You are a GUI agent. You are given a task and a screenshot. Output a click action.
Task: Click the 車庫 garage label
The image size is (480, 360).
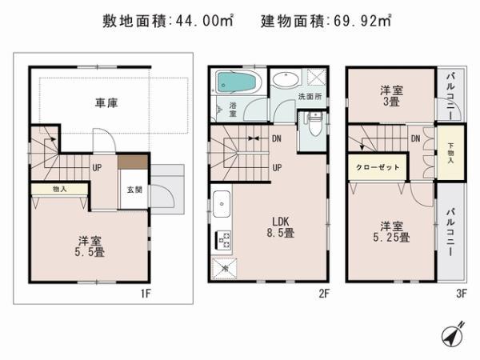click(x=106, y=103)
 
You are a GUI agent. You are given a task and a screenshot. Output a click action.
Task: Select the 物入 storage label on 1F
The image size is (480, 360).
click(x=59, y=190)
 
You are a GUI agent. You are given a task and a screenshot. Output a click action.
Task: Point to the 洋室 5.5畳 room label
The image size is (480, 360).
click(x=90, y=245)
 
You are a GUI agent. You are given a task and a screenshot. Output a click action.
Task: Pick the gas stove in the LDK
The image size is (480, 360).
click(x=223, y=239)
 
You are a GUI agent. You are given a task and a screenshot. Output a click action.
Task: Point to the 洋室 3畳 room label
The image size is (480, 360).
click(x=391, y=96)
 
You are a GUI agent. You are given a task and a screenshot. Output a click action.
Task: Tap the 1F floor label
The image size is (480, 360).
click(x=145, y=294)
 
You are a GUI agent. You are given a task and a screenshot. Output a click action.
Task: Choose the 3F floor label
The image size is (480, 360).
click(x=462, y=294)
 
